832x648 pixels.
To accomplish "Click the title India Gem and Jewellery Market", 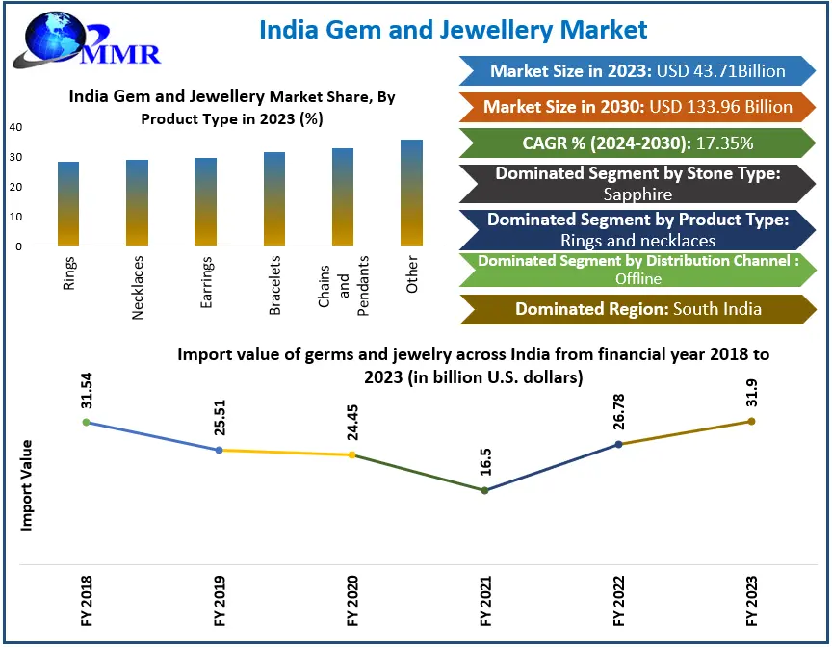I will click(454, 30).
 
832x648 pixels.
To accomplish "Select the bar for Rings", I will click(68, 203).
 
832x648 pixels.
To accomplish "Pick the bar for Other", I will click(412, 193).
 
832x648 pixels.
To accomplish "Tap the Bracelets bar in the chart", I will click(274, 198).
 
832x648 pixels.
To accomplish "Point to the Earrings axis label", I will click(207, 283).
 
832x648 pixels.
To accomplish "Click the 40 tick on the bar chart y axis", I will click(16, 126).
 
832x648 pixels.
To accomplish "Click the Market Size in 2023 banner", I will click(637, 71).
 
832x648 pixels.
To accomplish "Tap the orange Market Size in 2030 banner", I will click(637, 107).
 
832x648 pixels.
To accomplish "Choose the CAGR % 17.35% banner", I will click(637, 143).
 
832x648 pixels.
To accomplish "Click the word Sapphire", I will click(637, 194).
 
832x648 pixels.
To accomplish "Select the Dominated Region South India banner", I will click(637, 309).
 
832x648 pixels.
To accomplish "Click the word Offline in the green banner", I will click(638, 278).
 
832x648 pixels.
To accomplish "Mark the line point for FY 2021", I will click(484, 490).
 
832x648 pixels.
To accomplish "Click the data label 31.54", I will click(86, 395).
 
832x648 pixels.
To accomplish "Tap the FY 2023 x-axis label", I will click(751, 600).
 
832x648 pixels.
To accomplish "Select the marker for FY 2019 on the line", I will click(219, 450).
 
